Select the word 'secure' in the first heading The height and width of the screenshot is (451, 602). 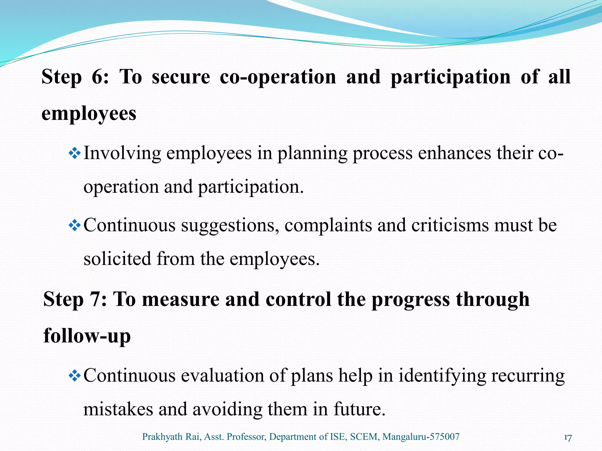coord(181,77)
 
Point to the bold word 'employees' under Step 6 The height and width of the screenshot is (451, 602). coord(89,114)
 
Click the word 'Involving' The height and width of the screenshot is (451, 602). coord(122,154)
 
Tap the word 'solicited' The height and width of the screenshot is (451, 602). coord(117,259)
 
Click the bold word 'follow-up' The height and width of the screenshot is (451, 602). coord(87,336)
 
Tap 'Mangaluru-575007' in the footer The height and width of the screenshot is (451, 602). coord(421,437)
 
